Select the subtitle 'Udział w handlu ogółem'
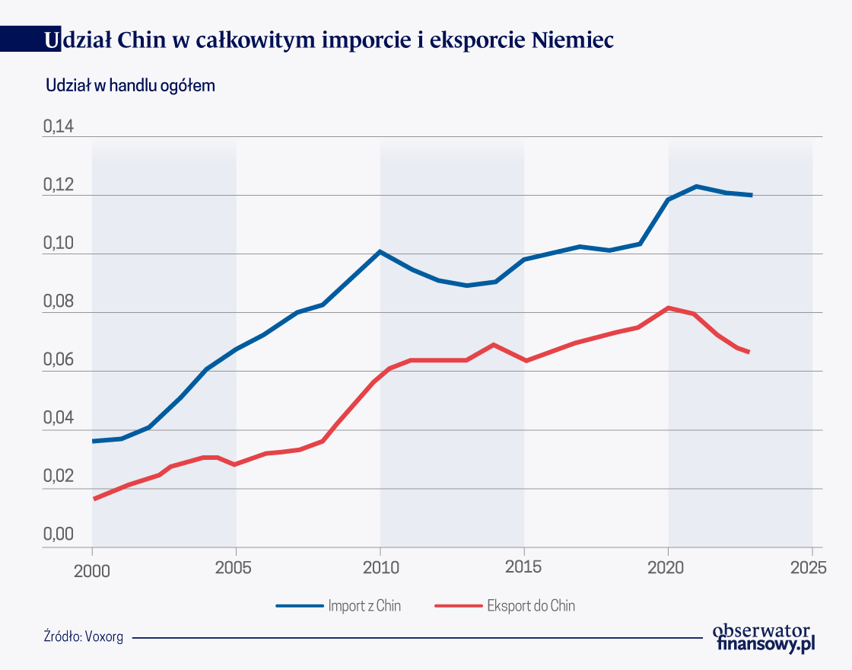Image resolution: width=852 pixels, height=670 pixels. [131, 86]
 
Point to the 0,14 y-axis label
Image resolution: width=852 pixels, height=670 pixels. [59, 127]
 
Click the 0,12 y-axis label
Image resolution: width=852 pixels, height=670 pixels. [59, 186]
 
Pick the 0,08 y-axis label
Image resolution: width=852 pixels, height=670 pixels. [59, 302]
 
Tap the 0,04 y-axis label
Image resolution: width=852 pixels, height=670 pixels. [59, 420]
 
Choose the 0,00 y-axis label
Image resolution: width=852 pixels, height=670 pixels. [59, 534]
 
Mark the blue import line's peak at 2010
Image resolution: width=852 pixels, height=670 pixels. [380, 251]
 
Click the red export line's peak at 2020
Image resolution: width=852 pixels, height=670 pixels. [668, 308]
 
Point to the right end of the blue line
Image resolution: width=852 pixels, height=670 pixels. [752, 195]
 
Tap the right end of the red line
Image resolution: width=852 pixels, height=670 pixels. [749, 352]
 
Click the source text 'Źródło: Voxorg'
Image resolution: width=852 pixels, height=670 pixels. [84, 636]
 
